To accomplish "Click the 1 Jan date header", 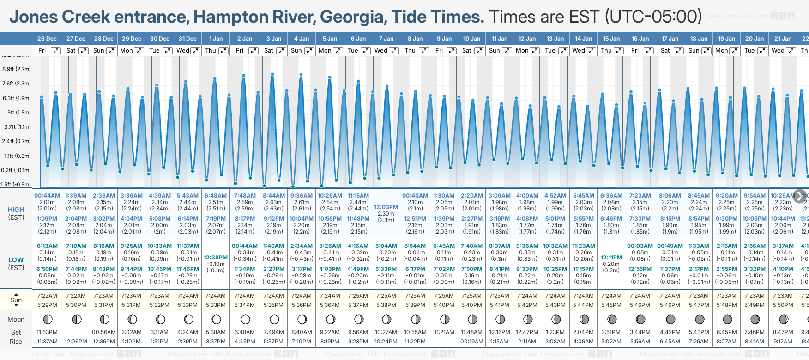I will pos(216,39).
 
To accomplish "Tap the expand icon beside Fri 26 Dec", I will pos(55,51).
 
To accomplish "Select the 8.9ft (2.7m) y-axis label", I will pos(17,69).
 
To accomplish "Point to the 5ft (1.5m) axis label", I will pos(17,112).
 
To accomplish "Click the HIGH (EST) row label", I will pos(16,213).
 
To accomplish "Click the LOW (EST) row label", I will pos(16,264).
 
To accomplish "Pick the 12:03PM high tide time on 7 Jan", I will pos(386,207).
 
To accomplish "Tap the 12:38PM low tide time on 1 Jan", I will pos(216,258).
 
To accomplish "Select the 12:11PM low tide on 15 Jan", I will pos(611,258).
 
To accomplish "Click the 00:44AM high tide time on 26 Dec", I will pos(47,196).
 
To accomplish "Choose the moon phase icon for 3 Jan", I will pos(274,319).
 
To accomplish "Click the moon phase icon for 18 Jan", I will pos(700,319).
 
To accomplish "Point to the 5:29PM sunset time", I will pos(47,305).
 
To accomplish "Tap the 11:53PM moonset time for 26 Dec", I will pos(47,332).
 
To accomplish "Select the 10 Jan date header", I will pos(472,39).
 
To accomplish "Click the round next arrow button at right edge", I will pos(800,196).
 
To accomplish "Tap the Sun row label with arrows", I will pos(16,300).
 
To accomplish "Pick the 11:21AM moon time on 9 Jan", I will pos(444,332).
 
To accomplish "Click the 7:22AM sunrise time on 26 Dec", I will pos(47,296).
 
